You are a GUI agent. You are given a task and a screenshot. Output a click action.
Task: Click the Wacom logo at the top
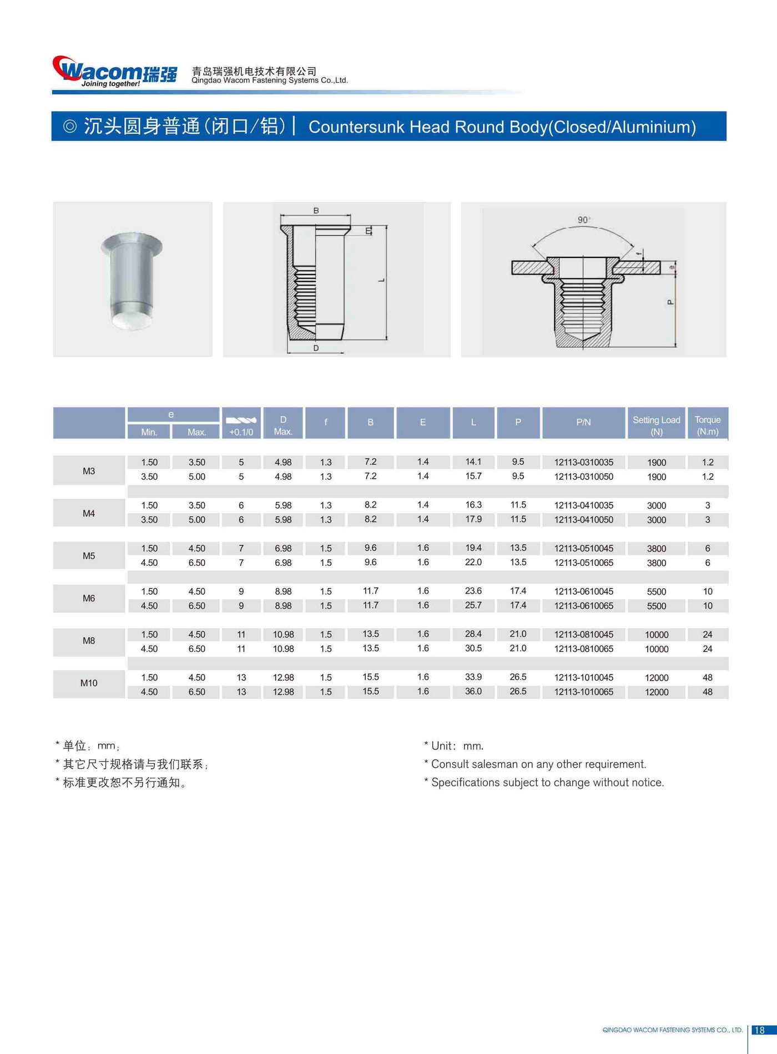[x=114, y=72]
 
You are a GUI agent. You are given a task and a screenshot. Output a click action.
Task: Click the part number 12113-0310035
[x=583, y=462]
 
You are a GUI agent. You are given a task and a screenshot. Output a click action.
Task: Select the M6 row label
[x=89, y=598]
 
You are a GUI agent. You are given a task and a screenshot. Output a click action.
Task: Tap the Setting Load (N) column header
[x=656, y=425]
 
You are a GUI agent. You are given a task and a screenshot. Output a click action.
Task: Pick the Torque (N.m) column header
[x=707, y=425]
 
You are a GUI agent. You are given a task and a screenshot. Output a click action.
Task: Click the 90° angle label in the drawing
[x=583, y=220]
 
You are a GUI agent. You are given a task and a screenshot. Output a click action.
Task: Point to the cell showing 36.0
[x=473, y=691]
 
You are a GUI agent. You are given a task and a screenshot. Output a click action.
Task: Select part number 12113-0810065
[x=583, y=648]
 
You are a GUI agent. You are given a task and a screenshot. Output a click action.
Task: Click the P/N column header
[x=583, y=422]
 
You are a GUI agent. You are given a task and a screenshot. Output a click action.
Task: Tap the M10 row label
[x=89, y=683]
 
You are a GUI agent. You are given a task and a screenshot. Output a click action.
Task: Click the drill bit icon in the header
[x=241, y=420]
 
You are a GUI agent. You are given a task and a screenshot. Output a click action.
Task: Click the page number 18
[x=759, y=1030]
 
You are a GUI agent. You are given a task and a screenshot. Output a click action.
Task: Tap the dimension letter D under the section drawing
[x=316, y=348]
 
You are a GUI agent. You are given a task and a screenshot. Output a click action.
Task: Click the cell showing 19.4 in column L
[x=473, y=548]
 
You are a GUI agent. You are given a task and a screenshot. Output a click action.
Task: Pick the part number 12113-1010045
[x=583, y=677]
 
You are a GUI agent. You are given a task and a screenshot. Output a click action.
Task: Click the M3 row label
[x=89, y=471]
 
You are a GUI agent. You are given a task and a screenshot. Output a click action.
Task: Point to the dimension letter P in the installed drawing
[x=670, y=302]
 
